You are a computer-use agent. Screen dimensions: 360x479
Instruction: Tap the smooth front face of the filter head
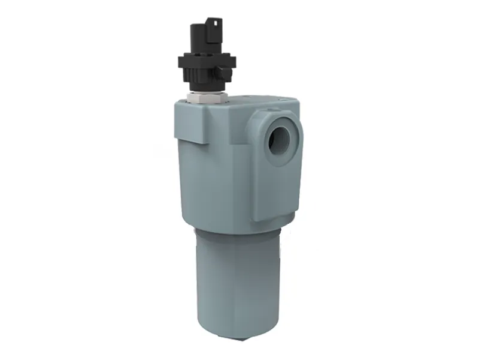coord(216,180)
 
